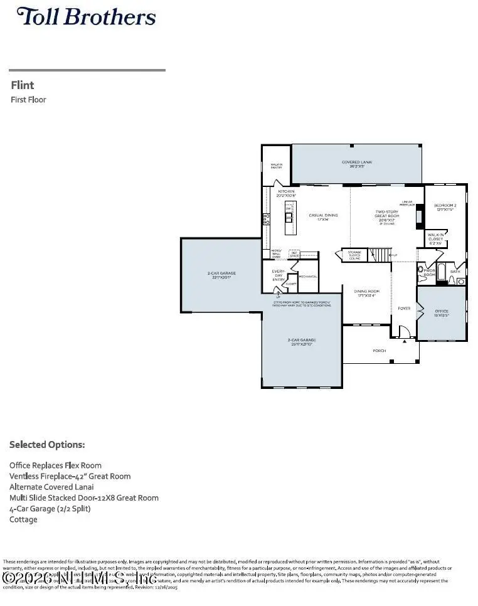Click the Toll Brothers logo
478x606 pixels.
click(x=86, y=17)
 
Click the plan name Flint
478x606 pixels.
click(x=23, y=85)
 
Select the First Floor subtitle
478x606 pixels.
click(x=28, y=100)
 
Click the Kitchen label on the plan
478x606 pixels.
click(x=286, y=193)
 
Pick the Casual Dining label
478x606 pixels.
click(x=323, y=215)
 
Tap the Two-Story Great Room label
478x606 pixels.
click(x=386, y=215)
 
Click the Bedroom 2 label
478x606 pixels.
click(x=445, y=208)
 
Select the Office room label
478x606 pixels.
click(x=442, y=312)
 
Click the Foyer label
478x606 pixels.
click(x=404, y=309)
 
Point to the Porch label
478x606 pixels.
click(x=380, y=351)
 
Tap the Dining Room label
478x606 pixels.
click(x=367, y=292)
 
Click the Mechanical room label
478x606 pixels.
click(x=307, y=277)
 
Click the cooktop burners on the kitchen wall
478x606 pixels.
click(x=265, y=219)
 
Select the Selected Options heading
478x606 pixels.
click(x=47, y=445)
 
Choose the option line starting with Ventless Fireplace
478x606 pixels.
click(x=70, y=476)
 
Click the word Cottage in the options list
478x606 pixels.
click(x=23, y=519)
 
